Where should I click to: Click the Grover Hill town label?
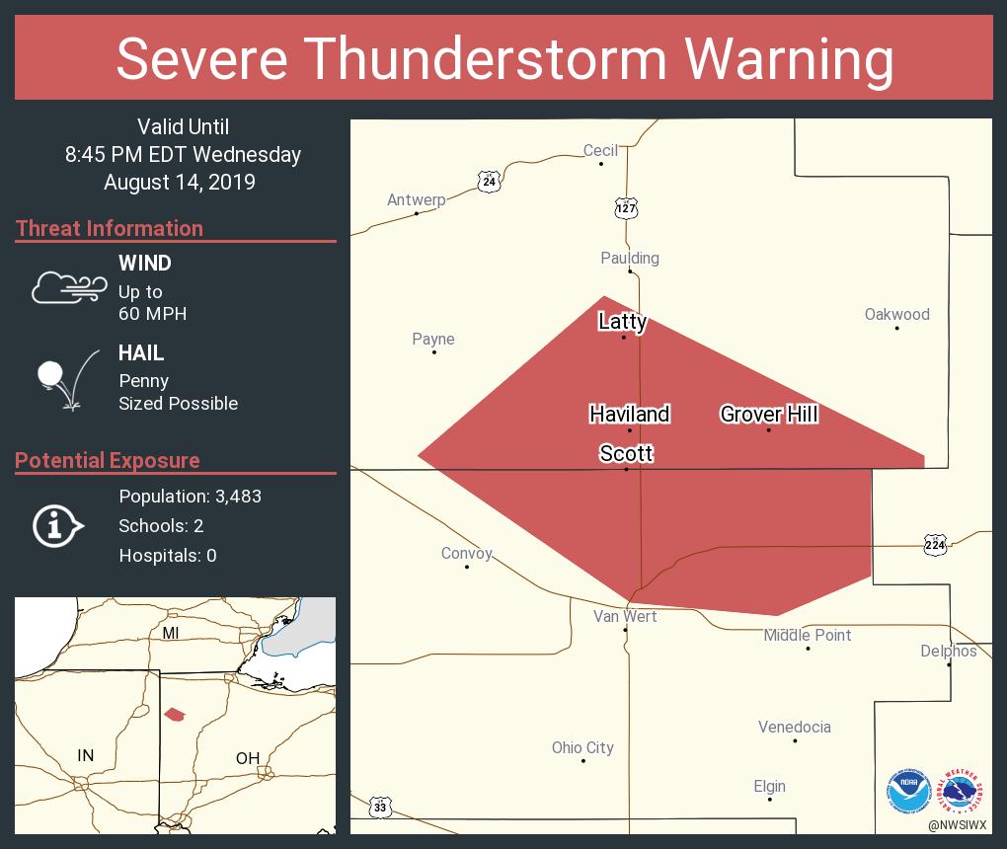(768, 414)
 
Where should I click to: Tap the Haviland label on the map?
(630, 414)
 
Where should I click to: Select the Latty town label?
(623, 321)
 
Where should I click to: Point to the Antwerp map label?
(416, 199)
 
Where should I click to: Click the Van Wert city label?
(625, 616)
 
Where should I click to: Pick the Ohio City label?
(582, 747)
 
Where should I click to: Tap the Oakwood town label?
(896, 314)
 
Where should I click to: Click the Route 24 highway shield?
(489, 182)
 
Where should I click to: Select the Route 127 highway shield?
(626, 207)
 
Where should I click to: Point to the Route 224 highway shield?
(937, 544)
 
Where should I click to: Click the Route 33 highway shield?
(380, 808)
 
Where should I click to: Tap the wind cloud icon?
(68, 288)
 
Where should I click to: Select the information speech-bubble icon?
(57, 526)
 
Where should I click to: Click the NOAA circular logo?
(908, 791)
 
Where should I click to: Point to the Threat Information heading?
(110, 228)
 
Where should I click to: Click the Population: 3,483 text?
(190, 497)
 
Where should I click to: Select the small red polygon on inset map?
(174, 714)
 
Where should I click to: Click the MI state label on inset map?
(171, 633)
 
